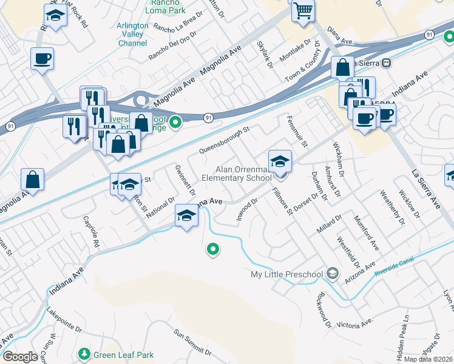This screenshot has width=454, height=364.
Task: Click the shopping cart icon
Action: click(x=302, y=10)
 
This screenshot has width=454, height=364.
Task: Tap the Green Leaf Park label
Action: click(x=123, y=355)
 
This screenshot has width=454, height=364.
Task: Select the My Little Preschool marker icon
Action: click(x=331, y=274)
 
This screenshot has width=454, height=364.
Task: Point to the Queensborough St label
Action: click(x=225, y=140)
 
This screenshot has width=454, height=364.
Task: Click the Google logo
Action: click(x=20, y=357)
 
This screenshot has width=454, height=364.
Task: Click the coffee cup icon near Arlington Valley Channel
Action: click(x=42, y=59)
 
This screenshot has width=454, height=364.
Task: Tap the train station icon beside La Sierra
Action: click(x=386, y=63)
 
